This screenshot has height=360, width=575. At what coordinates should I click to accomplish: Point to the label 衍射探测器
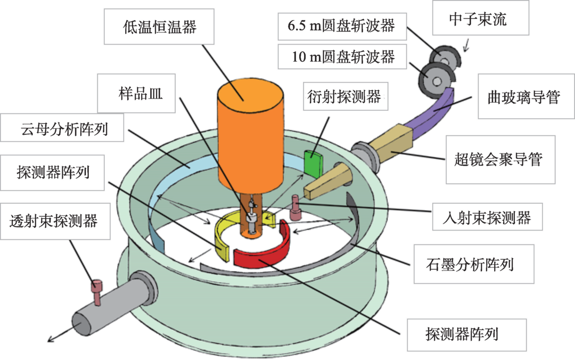(344, 96)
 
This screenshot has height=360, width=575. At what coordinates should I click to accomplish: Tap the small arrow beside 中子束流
(467, 47)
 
